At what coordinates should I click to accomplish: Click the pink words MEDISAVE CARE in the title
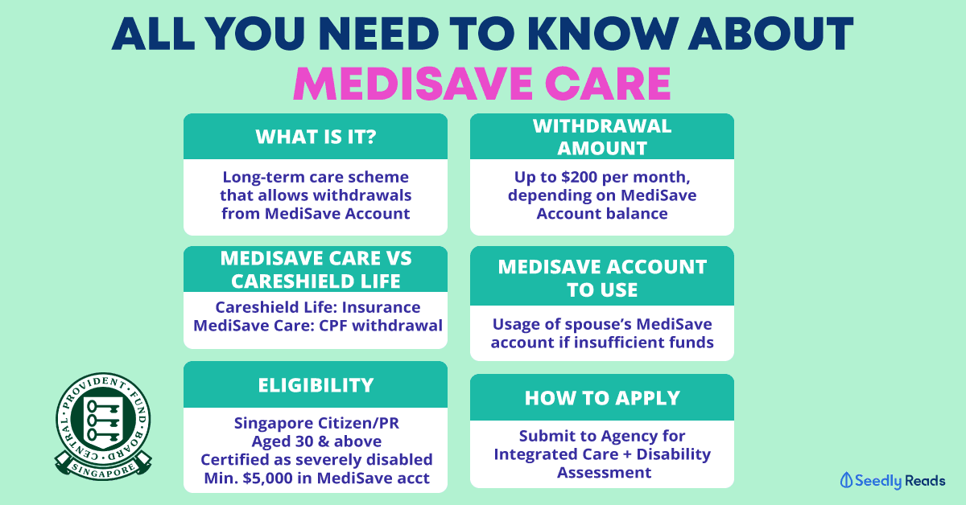click(x=482, y=84)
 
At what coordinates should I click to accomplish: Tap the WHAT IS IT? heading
click(x=316, y=137)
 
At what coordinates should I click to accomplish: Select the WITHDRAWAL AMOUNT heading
click(x=602, y=137)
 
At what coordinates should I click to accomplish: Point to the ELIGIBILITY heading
click(x=316, y=385)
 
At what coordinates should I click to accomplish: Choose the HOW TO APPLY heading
click(x=602, y=398)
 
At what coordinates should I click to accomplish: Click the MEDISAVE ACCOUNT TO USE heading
click(x=602, y=278)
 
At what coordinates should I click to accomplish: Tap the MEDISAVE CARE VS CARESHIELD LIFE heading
click(x=316, y=269)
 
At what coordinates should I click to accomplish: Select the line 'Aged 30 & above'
click(x=316, y=441)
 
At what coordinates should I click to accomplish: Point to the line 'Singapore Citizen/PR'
click(x=316, y=423)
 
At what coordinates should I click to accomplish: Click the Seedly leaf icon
click(x=846, y=480)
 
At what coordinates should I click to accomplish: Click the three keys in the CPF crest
click(x=103, y=420)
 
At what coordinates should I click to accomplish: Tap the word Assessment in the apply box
click(x=604, y=473)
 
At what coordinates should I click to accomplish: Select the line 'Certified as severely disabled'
click(x=316, y=460)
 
